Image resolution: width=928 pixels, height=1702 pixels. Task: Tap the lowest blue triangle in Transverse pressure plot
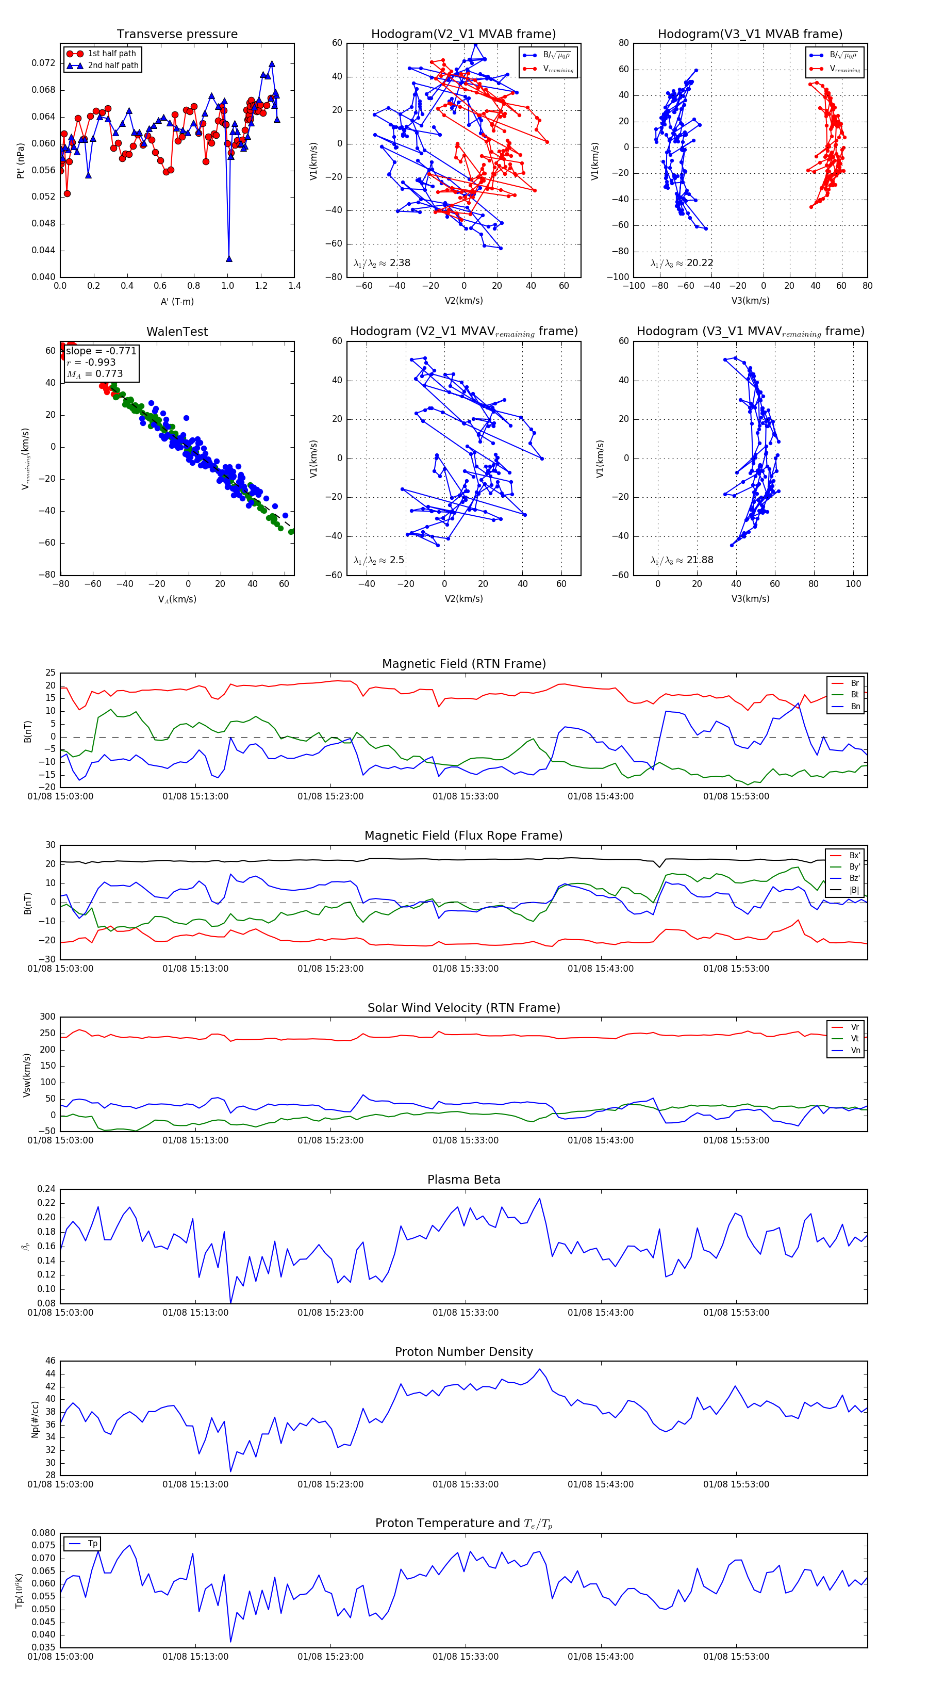click(x=229, y=259)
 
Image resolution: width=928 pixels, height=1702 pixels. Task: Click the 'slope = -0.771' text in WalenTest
click(x=101, y=351)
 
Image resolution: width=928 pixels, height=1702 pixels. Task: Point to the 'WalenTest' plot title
click(x=177, y=332)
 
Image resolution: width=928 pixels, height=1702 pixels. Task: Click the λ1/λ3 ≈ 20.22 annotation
click(x=682, y=263)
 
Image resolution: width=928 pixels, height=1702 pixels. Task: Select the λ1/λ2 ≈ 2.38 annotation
click(x=382, y=263)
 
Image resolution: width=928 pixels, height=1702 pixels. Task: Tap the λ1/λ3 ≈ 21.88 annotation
click(x=682, y=560)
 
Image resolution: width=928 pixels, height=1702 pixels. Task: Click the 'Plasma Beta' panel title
click(x=463, y=1180)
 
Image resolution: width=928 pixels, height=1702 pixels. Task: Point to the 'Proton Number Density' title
click(x=463, y=1351)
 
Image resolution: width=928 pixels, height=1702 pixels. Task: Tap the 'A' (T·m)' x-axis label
click(x=177, y=302)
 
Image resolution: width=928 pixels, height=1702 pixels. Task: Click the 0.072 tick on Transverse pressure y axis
click(x=44, y=63)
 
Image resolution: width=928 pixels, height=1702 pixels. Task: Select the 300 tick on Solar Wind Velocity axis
click(x=47, y=1017)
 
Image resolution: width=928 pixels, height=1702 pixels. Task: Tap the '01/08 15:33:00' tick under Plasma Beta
click(x=465, y=1312)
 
